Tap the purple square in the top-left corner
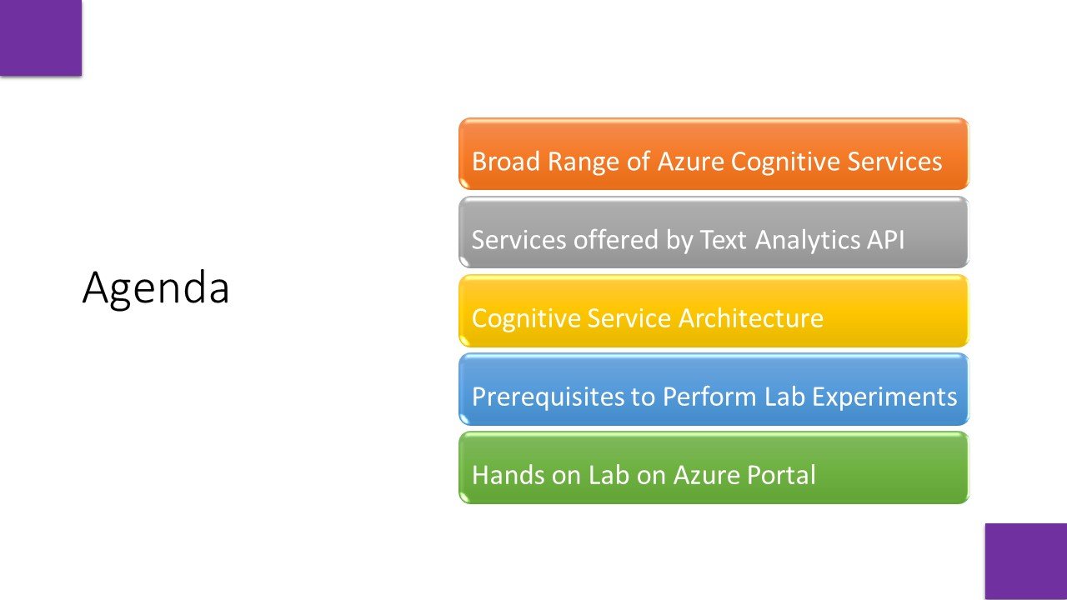coord(40,37)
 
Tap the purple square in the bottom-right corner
coord(1026,561)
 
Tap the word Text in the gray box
coord(724,240)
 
